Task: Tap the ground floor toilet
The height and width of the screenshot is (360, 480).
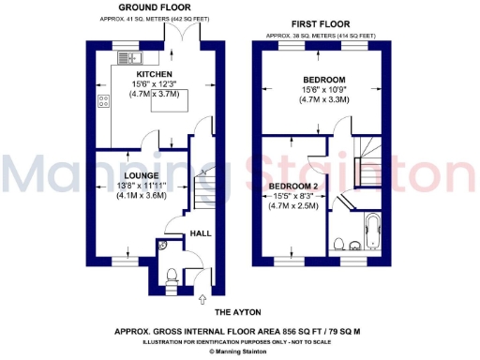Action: (170, 275)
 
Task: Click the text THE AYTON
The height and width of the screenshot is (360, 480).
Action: (238, 311)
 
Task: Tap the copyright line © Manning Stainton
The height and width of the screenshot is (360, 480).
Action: (238, 352)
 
